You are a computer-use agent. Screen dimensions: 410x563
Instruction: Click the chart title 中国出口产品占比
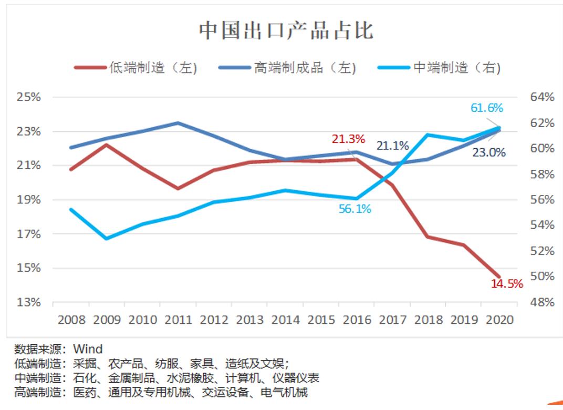pos(286,30)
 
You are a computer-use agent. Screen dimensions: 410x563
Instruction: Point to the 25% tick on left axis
pos(29,97)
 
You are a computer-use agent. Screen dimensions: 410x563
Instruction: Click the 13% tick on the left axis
pos(29,303)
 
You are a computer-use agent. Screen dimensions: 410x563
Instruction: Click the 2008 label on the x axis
pos(71,320)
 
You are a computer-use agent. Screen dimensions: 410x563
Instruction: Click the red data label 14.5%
pos(507,284)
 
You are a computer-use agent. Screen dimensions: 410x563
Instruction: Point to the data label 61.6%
pos(486,108)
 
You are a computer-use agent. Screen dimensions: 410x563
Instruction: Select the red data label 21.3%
pos(348,139)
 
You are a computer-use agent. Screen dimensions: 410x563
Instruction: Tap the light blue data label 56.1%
pos(355,209)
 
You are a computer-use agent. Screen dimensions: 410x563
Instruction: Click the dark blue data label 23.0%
pos(489,153)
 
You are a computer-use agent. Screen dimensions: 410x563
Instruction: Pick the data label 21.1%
pos(392,146)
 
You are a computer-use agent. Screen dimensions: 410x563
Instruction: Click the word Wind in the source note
pos(88,348)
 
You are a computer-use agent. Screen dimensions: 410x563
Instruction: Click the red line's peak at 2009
pos(107,144)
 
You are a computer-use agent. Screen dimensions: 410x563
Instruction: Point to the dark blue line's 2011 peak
pos(178,123)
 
